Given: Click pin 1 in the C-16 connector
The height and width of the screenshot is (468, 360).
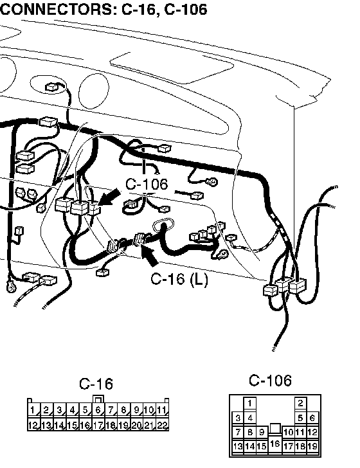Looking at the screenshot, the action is click(x=33, y=410).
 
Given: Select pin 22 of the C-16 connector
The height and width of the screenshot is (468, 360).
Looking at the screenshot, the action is click(x=162, y=424).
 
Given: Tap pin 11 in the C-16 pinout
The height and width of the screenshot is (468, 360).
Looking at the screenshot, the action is click(x=162, y=410).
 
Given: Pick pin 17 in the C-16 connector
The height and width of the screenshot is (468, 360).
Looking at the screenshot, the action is click(x=98, y=424).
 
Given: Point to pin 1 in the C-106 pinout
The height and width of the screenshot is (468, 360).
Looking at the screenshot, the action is click(x=250, y=403).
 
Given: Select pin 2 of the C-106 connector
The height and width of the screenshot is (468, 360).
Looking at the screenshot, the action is click(x=300, y=403).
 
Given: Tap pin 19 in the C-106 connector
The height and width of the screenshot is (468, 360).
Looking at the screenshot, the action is click(x=312, y=446).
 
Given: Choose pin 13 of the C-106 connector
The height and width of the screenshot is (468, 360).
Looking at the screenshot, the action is click(x=238, y=446).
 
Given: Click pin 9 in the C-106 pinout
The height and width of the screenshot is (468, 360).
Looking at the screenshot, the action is click(x=262, y=432).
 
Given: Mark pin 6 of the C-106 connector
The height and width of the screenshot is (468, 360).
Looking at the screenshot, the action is click(x=312, y=418).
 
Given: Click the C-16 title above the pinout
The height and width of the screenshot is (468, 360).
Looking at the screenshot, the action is click(x=96, y=384).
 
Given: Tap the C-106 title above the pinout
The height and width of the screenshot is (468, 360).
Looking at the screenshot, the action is click(x=270, y=381).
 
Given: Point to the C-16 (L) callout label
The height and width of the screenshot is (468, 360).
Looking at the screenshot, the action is click(x=179, y=279).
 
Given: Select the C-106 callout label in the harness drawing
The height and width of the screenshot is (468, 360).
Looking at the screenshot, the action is click(x=147, y=184).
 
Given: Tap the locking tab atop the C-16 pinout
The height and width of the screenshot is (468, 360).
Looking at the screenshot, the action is click(x=98, y=399).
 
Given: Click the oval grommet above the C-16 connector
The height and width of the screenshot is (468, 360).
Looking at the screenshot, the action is click(x=163, y=225).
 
